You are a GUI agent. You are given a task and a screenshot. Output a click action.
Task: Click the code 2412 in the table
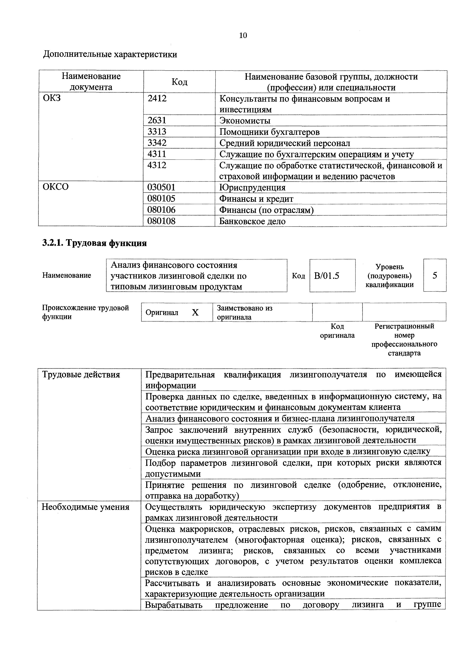[157, 99]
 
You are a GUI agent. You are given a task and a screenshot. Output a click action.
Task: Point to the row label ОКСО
[56, 187]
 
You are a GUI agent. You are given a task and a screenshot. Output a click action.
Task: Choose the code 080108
[161, 221]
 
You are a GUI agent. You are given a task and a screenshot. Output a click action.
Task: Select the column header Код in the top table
[179, 82]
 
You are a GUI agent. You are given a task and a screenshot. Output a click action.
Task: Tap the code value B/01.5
[327, 276]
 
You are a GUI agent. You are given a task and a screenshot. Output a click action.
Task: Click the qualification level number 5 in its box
[434, 275]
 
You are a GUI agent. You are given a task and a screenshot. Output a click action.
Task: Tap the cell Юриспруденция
[252, 187]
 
